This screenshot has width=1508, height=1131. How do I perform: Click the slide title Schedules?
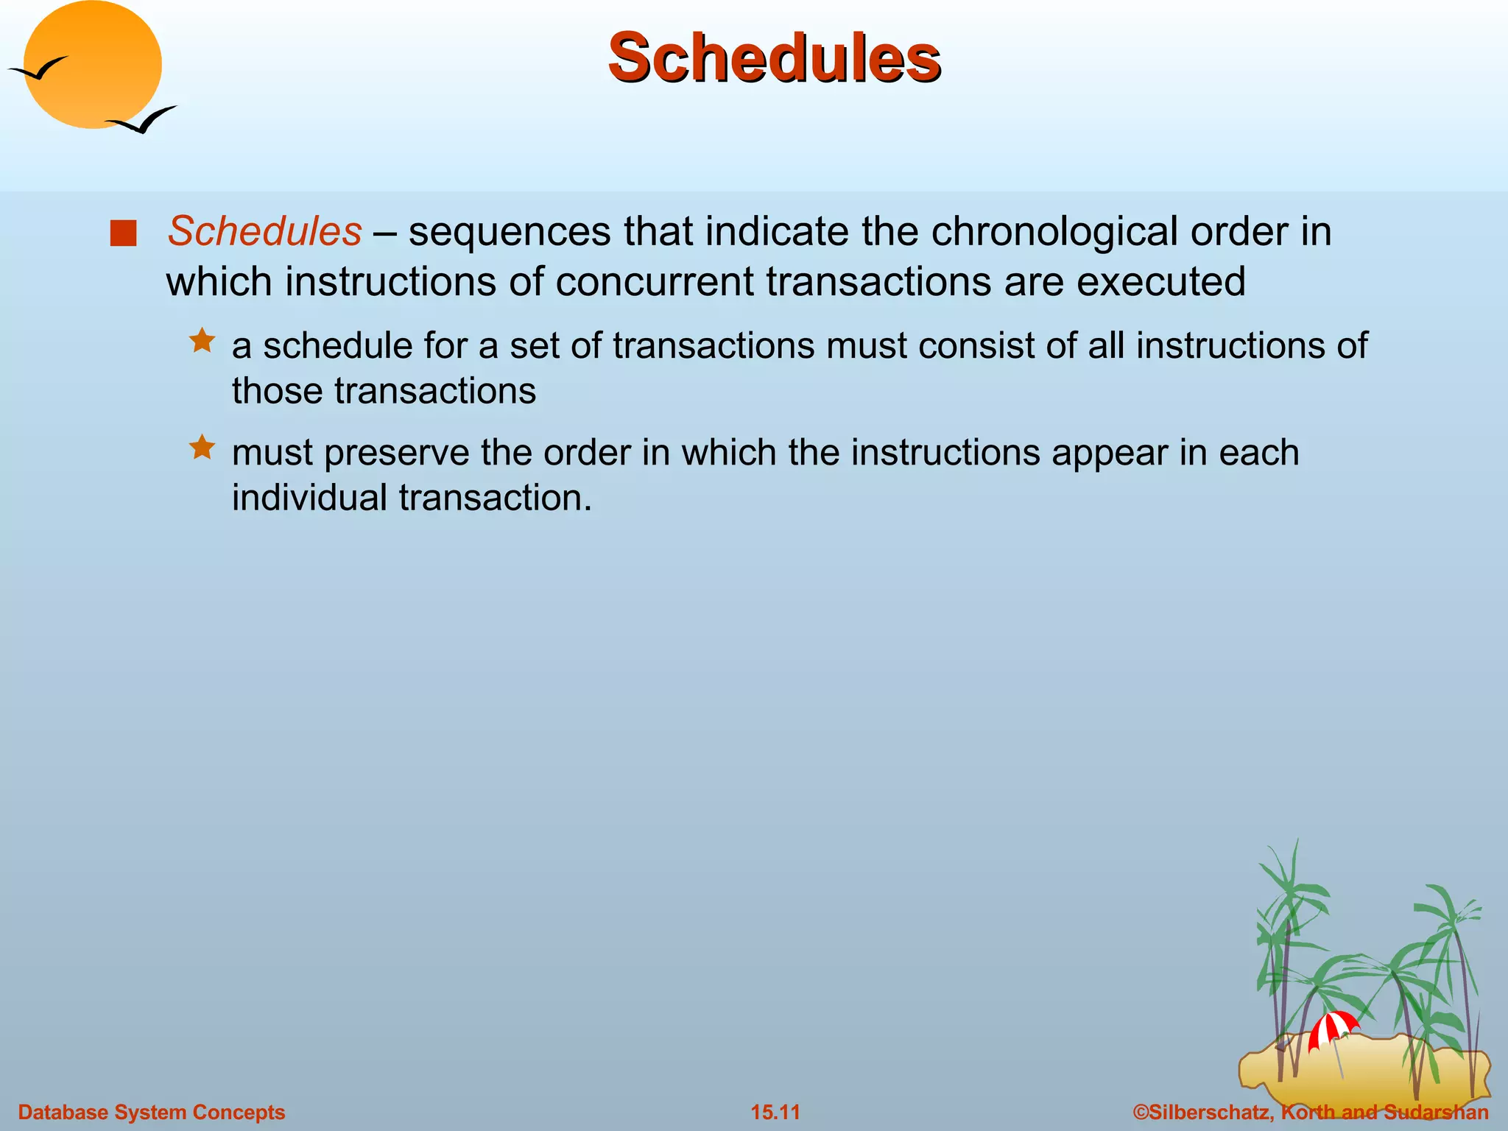pos(774,57)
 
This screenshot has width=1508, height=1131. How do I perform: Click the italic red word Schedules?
pos(264,231)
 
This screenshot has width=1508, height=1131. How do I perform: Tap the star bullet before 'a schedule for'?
pos(202,341)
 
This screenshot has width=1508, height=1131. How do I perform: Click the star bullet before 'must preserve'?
pos(202,447)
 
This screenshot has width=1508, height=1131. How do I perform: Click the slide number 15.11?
pos(775,1112)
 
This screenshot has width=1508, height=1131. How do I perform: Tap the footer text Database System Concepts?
pos(151,1112)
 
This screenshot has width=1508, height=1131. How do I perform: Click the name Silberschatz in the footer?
pos(1208,1112)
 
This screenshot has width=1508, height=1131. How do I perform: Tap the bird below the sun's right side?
pos(143,120)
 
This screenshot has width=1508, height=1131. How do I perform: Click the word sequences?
pos(510,231)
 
